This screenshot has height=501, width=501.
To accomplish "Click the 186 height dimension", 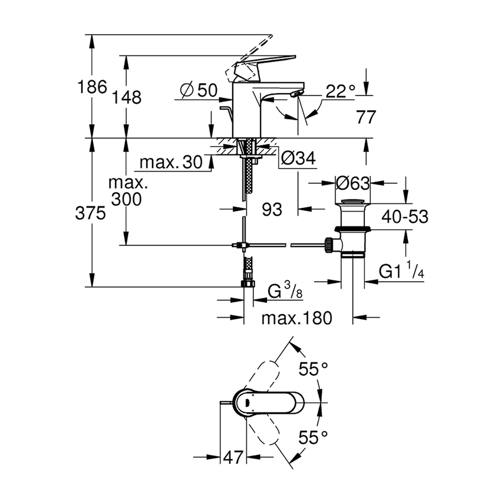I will pos(93,88).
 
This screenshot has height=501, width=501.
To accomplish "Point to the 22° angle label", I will pos(341,90).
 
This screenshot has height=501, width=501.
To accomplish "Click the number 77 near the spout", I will pos(365,117).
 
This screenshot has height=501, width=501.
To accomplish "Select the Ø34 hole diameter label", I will pos(298,157).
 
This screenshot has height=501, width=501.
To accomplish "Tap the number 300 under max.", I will pos(125,199).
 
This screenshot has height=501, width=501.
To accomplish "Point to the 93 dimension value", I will pos(272,209).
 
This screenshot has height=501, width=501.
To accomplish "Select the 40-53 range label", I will pos(404,216).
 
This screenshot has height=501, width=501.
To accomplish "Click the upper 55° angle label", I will pos(313,370).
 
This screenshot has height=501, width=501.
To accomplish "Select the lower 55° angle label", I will pos(313,437).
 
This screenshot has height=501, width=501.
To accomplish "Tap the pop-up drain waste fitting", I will pos(352,230).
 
